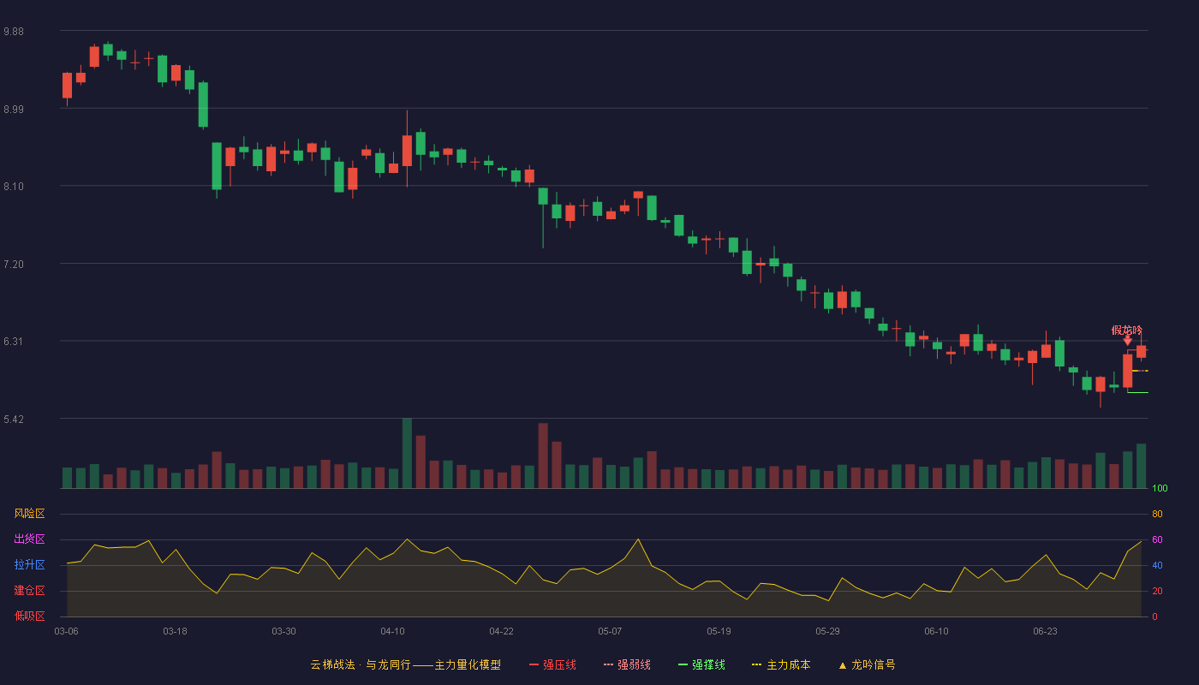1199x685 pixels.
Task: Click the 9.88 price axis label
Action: [x=14, y=32]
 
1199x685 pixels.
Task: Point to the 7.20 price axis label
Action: [x=14, y=265]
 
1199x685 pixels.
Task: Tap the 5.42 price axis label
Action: [x=14, y=419]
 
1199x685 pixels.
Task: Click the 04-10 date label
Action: [x=392, y=632]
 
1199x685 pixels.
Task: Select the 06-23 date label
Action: [x=1045, y=632]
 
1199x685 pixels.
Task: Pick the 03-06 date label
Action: [x=67, y=632]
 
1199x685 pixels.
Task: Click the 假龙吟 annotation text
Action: [x=1127, y=331]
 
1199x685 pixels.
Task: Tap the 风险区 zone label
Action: [x=29, y=514]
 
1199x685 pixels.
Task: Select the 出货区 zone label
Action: [x=29, y=539]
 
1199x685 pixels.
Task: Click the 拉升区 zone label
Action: [x=29, y=564]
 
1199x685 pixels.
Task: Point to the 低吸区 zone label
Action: [x=29, y=616]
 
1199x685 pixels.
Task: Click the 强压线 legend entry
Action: [x=552, y=664]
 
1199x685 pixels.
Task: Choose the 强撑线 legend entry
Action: [x=701, y=664]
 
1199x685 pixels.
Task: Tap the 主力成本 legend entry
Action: [x=781, y=664]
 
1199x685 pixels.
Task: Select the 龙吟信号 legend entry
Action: [x=867, y=664]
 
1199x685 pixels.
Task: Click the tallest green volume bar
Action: [x=407, y=453]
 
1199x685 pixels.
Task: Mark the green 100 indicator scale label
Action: [x=1160, y=488]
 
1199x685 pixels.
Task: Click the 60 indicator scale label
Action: [x=1157, y=539]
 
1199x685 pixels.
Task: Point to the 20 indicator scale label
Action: [x=1157, y=591]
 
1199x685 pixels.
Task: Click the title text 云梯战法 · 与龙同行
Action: [x=361, y=664]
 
